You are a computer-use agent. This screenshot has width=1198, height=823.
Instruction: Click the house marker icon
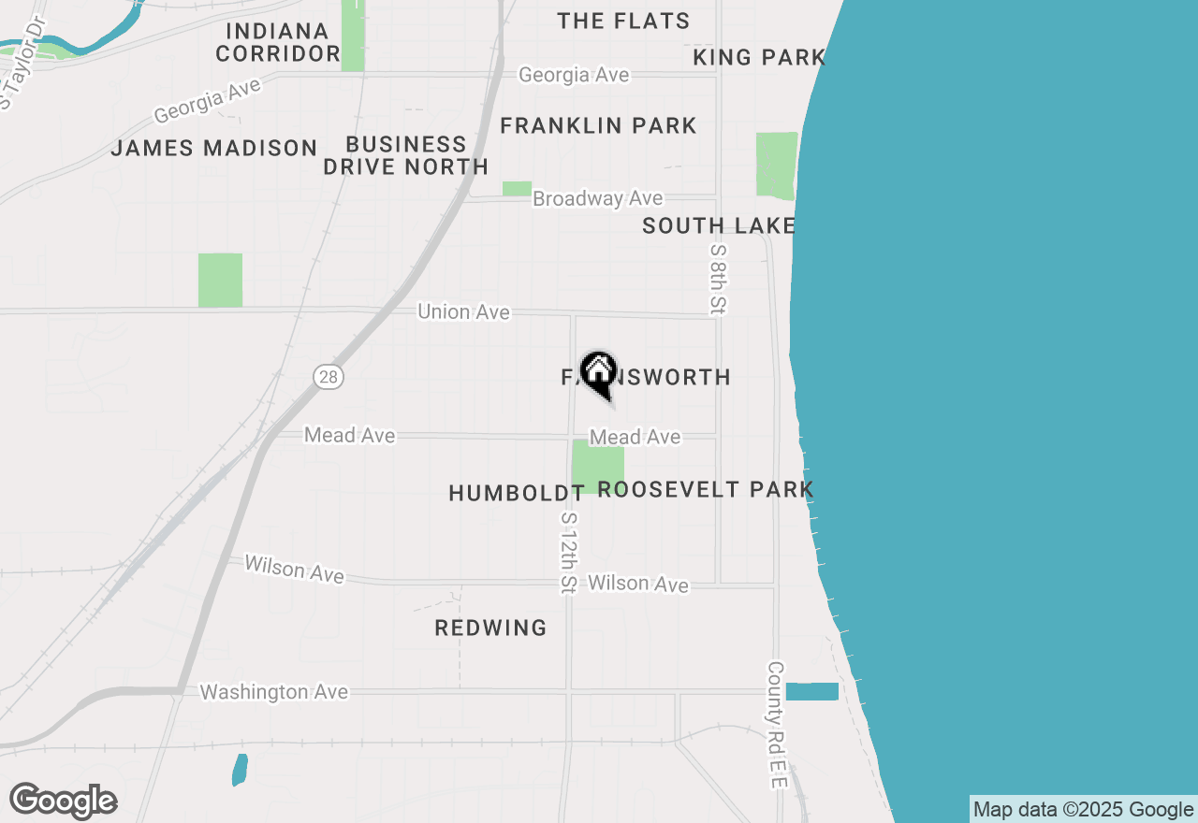tap(598, 373)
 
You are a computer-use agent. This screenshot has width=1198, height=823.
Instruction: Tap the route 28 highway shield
tap(329, 377)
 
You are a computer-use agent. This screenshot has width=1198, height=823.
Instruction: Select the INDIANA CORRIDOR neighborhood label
tap(278, 42)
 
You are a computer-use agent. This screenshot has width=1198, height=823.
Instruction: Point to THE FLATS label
tap(623, 21)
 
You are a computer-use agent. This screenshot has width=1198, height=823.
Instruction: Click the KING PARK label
tap(759, 57)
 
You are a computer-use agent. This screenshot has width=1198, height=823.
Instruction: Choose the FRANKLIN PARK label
tap(598, 125)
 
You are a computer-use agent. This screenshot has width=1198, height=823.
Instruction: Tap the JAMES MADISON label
tap(214, 148)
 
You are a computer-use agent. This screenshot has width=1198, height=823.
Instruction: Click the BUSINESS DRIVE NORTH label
tap(406, 155)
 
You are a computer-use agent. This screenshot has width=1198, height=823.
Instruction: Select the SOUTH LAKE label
tap(719, 225)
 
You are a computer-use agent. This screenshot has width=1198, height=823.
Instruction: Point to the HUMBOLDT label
tap(517, 493)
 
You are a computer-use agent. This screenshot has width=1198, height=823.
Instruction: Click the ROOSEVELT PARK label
tap(706, 489)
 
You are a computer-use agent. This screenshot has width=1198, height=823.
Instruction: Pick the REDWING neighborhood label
tap(490, 628)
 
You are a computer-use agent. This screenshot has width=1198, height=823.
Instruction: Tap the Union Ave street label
tap(464, 311)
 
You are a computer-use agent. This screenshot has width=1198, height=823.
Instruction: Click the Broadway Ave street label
tap(597, 198)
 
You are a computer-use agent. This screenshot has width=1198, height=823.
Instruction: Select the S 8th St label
tap(718, 279)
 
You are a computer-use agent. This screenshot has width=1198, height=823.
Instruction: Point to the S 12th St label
tap(568, 552)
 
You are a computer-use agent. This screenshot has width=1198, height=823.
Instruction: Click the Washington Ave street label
tap(274, 692)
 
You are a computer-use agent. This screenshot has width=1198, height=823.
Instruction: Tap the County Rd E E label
tap(776, 725)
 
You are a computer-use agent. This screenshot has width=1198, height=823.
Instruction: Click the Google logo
tap(63, 801)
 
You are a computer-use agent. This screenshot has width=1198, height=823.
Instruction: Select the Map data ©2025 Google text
tap(1083, 810)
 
